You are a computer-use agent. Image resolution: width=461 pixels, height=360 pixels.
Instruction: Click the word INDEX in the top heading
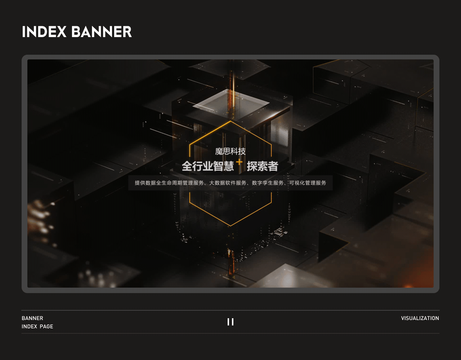click(44, 32)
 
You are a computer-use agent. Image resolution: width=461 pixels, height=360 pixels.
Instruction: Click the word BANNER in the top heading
click(102, 32)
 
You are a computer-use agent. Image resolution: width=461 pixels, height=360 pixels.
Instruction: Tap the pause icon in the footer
click(230, 322)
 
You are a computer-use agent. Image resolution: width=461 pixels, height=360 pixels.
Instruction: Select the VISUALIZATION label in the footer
click(420, 318)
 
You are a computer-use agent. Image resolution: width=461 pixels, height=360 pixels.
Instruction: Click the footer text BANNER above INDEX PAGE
click(32, 318)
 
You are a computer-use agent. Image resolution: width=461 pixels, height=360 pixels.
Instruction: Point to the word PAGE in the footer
click(46, 327)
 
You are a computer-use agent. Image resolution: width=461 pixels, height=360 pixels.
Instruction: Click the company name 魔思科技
click(230, 151)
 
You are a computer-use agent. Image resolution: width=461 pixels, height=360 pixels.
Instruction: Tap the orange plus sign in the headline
click(239, 162)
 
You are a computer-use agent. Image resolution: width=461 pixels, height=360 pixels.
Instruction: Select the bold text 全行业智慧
click(208, 166)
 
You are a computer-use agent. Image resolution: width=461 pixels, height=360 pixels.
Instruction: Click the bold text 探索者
click(263, 166)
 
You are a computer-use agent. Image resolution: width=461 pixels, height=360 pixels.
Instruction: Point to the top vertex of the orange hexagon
click(230, 121)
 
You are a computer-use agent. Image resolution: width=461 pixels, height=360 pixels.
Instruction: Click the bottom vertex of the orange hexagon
click(230, 226)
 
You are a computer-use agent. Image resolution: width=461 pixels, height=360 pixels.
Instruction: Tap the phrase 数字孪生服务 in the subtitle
click(268, 183)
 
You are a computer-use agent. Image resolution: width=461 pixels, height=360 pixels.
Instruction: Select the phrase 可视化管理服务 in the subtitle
click(308, 183)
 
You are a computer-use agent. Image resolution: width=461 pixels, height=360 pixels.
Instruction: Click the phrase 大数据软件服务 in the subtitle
click(228, 183)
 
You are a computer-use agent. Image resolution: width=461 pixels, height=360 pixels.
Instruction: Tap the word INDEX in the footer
click(29, 327)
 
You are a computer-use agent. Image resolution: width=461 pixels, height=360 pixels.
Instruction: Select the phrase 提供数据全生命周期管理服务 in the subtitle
click(169, 183)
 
